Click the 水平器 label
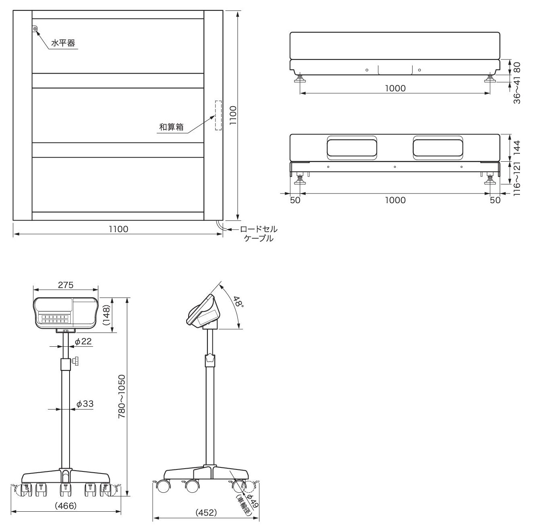[63, 43]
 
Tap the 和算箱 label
[171, 127]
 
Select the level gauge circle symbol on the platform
[35, 28]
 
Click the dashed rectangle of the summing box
[218, 115]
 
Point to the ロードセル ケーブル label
[258, 233]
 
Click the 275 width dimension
[66, 285]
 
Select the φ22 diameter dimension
[83, 342]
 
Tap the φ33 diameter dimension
[85, 403]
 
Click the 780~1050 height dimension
[122, 397]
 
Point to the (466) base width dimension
[66, 506]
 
